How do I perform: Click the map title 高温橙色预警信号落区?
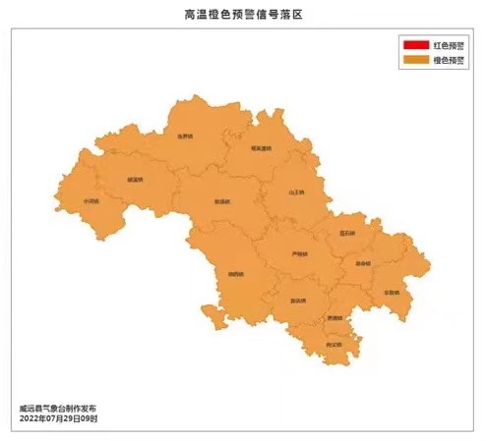tap(243, 14)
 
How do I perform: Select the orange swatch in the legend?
tap(413, 60)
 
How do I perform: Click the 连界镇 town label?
tap(185, 137)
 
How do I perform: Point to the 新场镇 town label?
tap(222, 201)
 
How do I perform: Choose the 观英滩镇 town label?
tap(261, 148)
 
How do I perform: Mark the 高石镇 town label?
tap(347, 233)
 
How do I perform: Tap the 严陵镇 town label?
tap(300, 253)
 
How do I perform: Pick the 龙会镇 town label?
tap(364, 263)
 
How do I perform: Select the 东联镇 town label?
tap(392, 293)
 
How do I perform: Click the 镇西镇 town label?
tap(234, 273)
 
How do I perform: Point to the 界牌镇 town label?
tap(335, 318)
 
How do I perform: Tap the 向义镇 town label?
tap(334, 344)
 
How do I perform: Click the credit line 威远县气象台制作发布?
tap(58, 408)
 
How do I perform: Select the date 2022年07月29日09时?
tap(58, 418)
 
